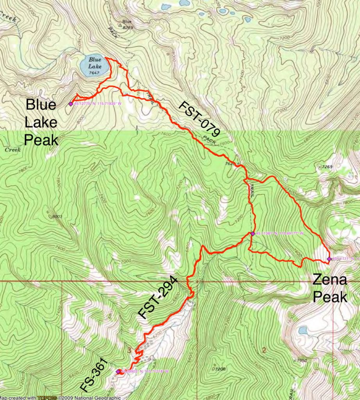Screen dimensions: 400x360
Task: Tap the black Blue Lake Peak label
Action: coord(41,122)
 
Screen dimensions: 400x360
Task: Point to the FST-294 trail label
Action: coord(158,298)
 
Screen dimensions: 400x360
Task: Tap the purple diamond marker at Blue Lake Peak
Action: coord(71,104)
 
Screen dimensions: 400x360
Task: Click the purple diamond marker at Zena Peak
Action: coord(329,259)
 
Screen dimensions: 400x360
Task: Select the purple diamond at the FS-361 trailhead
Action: coord(118,371)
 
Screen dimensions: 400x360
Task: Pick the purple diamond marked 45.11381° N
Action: coord(253,234)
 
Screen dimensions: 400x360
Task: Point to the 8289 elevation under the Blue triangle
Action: coord(127,28)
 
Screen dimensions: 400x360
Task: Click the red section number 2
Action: coord(264,350)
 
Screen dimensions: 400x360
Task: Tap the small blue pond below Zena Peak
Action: coord(302,331)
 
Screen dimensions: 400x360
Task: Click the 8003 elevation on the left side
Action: coord(57,216)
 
